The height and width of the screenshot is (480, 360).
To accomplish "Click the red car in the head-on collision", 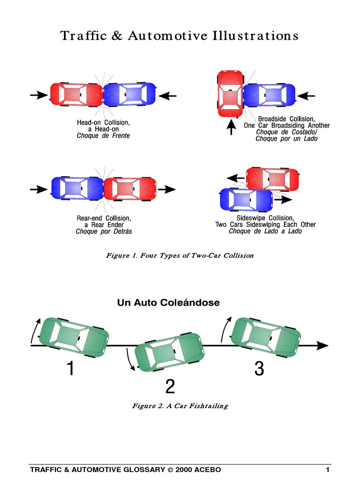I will pos(76,95).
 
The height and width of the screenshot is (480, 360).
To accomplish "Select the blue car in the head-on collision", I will pos(129,95).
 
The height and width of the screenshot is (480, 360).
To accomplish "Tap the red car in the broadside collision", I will pos(230,94).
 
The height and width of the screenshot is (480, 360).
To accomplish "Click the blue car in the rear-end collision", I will pos(76,189).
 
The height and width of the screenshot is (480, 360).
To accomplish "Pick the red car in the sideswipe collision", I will pos(272,179).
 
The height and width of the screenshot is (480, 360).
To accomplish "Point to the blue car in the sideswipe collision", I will pos(246,199).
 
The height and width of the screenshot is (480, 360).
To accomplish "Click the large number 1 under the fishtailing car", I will pos(70,370).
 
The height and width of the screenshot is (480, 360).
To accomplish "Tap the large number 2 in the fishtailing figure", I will pos(170,387).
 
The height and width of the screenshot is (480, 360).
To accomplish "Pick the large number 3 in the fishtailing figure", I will pos(259,370).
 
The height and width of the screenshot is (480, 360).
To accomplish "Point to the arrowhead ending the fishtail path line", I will pos(322,345).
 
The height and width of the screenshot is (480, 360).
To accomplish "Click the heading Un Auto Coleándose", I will pos(168,303).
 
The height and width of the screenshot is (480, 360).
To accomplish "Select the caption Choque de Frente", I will pos(103,136).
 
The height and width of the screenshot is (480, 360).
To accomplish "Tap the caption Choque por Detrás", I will pos(104,231).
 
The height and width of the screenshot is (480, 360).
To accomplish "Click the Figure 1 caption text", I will pos(180,255).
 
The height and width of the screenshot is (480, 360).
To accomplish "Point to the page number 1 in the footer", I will pos(328,470).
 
